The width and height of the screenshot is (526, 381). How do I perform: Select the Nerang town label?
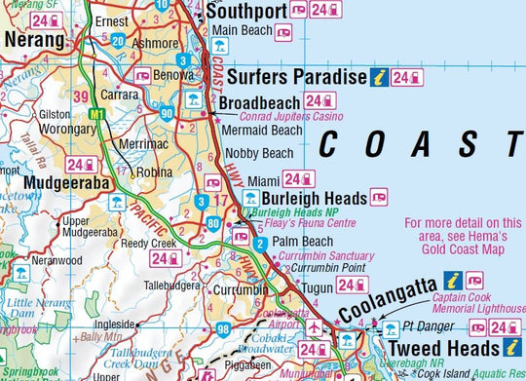(x=34, y=42)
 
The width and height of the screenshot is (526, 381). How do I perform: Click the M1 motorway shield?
(x=96, y=115)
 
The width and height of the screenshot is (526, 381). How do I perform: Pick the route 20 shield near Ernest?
(x=117, y=40)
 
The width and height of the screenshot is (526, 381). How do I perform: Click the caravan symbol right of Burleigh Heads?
(x=379, y=198)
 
